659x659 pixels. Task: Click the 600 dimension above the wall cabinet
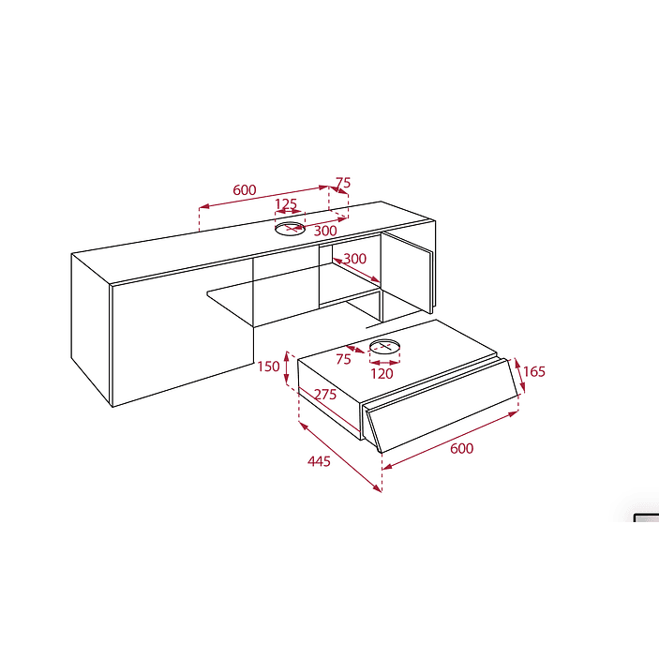pos(244,190)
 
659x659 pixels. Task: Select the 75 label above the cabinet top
pos(343,183)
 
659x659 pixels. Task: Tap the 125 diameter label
pos(286,203)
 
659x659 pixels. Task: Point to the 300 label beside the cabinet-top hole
pos(325,231)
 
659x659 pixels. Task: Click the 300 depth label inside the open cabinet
pos(354,259)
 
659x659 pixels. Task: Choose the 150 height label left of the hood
pos(268,367)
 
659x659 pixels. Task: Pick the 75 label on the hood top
pos(343,359)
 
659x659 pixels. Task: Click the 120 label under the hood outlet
pos(382,374)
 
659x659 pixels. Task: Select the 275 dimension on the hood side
pos(325,395)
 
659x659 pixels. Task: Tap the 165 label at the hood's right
pos(533,371)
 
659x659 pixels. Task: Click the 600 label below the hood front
pos(461,448)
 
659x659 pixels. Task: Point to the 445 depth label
pos(319,461)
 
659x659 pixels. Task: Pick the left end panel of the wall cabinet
pos(91,328)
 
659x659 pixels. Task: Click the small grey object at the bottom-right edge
pos(647,517)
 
